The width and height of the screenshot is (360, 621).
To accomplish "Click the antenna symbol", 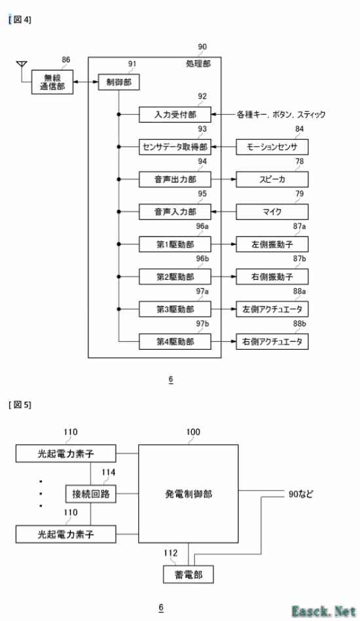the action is click(x=22, y=66).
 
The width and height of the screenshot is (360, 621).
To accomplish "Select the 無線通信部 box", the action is click(x=52, y=82).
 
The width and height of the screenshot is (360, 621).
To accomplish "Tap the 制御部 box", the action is click(x=118, y=82).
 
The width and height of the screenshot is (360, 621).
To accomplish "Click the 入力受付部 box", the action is click(x=175, y=115).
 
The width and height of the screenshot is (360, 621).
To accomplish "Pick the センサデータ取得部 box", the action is click(x=175, y=147).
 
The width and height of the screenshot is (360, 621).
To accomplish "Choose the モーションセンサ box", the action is click(x=272, y=147).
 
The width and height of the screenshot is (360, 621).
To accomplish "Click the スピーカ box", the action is click(x=272, y=179).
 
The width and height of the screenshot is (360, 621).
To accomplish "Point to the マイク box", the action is click(x=272, y=212).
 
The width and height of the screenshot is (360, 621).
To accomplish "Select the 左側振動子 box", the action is click(x=272, y=244).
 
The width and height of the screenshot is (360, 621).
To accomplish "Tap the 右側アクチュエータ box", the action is click(x=272, y=341).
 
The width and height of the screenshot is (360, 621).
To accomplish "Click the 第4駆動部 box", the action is click(x=175, y=341).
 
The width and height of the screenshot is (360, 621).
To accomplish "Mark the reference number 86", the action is click(x=66, y=60).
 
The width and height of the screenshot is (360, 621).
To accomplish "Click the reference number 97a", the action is click(x=202, y=292).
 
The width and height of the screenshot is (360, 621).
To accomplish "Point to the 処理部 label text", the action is click(x=198, y=64).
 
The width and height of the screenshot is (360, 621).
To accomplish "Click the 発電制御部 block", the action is click(x=189, y=493).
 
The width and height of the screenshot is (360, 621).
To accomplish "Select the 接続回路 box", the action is click(x=90, y=494).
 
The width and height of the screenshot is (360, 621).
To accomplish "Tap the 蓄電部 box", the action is click(x=189, y=574).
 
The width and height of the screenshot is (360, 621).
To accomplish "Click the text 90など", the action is click(x=300, y=494).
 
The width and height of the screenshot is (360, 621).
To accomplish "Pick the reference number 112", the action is click(x=170, y=553).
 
